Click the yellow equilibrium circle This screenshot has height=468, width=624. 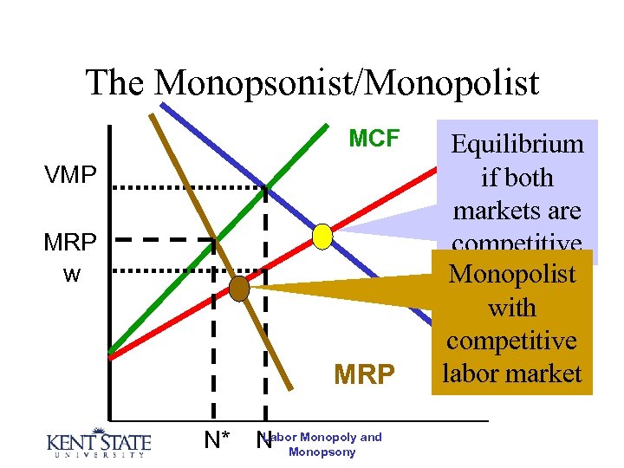[x=322, y=236]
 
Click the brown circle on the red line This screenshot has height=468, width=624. [x=239, y=289]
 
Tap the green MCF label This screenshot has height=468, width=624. [x=374, y=139]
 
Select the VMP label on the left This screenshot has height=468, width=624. [x=70, y=174]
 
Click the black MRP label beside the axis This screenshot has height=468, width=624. [x=70, y=243]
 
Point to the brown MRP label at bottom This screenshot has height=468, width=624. [x=365, y=374]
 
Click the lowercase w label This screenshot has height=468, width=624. [x=72, y=275]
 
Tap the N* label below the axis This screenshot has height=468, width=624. [x=217, y=440]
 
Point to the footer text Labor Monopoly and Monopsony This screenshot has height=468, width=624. [x=322, y=444]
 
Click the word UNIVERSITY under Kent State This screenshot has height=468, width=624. [x=98, y=455]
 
